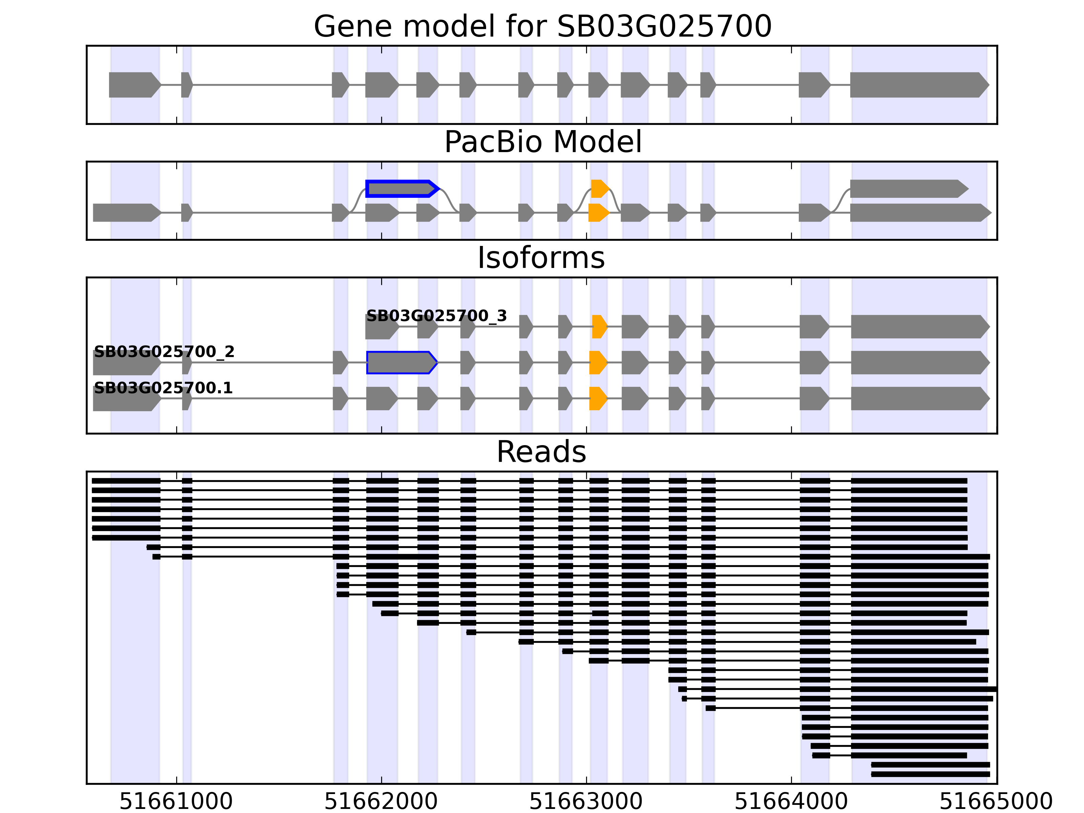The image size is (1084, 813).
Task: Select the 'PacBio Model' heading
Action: (542, 142)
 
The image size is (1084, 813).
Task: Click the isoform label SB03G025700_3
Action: (436, 316)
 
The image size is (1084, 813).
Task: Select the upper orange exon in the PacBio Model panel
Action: (599, 189)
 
